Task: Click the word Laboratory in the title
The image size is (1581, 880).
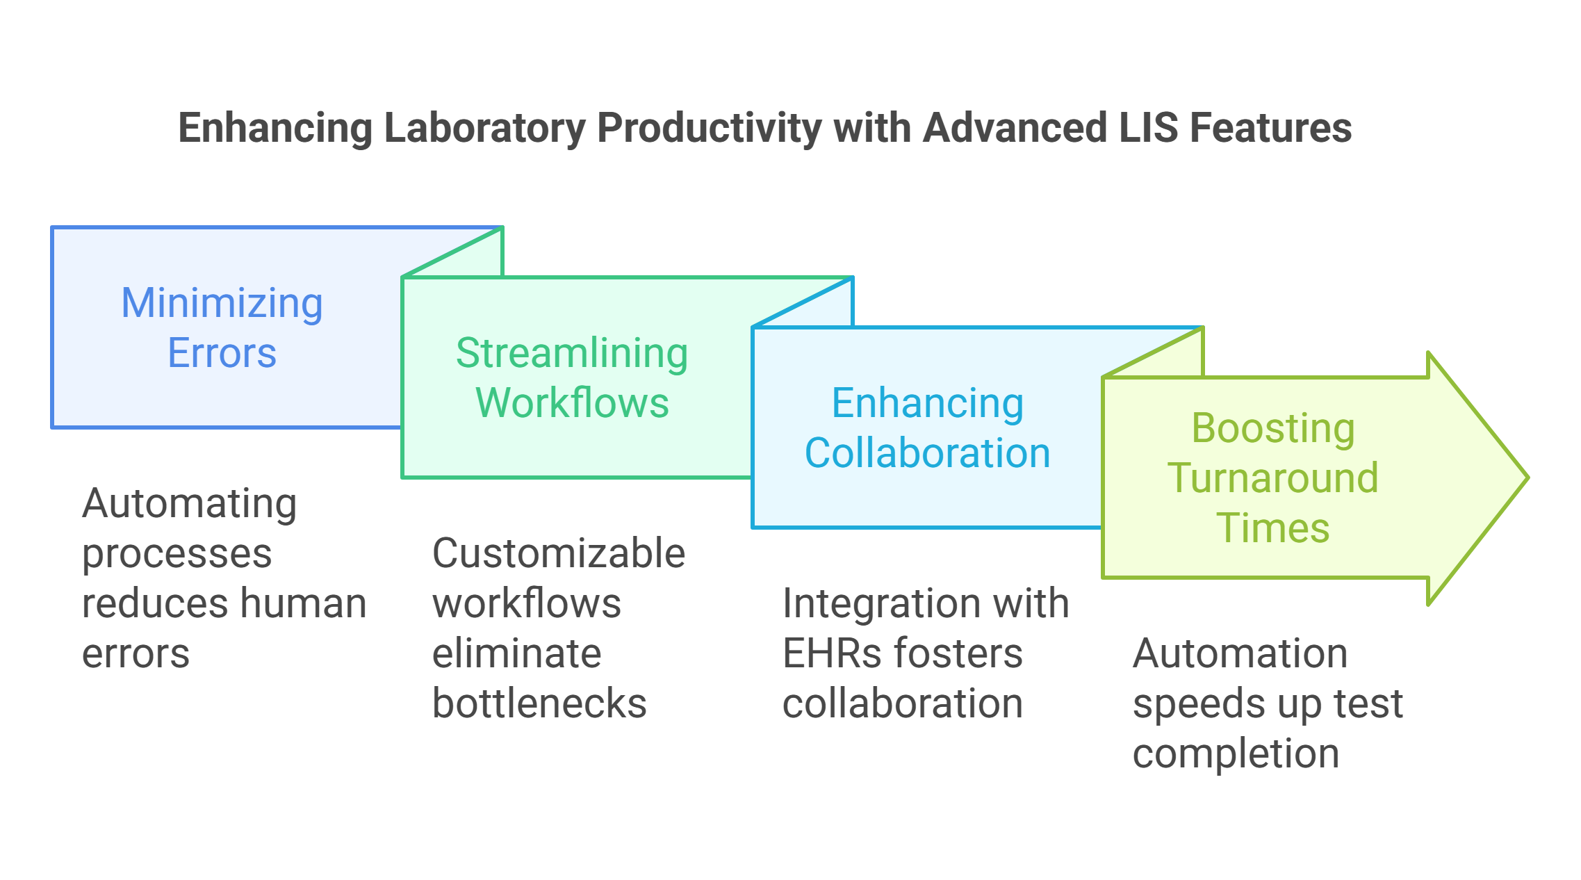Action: click(x=484, y=129)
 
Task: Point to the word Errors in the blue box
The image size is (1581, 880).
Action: click(x=222, y=353)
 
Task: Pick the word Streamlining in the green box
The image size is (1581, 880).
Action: click(x=572, y=353)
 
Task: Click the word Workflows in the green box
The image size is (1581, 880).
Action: click(x=572, y=403)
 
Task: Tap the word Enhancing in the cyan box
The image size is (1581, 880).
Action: click(x=928, y=403)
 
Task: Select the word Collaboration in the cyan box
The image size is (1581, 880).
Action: click(x=928, y=453)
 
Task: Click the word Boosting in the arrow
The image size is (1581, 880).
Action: click(x=1273, y=428)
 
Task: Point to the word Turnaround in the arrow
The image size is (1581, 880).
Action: click(x=1273, y=478)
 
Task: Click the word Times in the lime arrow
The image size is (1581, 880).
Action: click(x=1273, y=528)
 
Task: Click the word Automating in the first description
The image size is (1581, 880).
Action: click(x=189, y=503)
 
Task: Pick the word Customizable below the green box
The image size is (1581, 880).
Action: click(x=559, y=553)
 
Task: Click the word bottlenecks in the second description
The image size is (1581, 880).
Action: click(x=539, y=703)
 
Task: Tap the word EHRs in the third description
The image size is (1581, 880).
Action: click(x=831, y=653)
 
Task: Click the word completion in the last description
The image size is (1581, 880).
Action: click(x=1236, y=753)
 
